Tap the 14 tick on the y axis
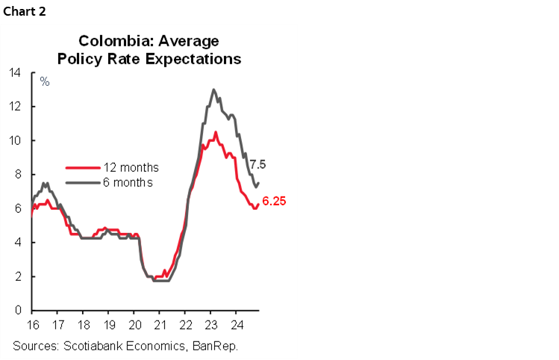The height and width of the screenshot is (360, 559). tap(15, 72)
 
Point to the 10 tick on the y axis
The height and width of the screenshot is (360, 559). tap(15, 140)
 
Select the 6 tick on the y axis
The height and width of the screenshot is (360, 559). tap(18, 208)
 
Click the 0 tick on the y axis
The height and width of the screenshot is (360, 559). tap(18, 310)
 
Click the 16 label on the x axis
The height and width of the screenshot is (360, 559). tap(32, 325)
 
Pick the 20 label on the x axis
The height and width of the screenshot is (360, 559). tap(134, 325)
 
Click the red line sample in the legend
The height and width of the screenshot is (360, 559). tap(81, 167)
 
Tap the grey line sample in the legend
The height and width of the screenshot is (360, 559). tap(81, 181)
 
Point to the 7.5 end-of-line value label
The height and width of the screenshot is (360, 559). tap(257, 164)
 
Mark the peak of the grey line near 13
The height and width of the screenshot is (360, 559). tap(213, 90)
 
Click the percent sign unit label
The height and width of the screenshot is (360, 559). tap(45, 81)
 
